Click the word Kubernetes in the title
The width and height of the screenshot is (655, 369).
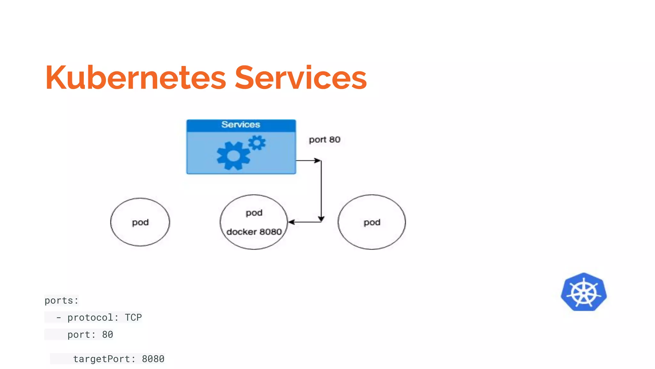(136, 78)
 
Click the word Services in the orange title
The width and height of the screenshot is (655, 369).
(301, 78)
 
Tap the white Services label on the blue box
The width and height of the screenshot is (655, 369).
(241, 125)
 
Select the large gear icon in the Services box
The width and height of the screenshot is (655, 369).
(233, 156)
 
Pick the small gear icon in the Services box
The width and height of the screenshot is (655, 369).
(257, 143)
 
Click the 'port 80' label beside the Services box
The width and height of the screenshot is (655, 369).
(324, 140)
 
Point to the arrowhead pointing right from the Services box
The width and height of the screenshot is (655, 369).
(318, 160)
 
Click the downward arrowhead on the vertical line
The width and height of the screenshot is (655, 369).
(321, 219)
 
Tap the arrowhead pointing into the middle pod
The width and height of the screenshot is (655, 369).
(291, 222)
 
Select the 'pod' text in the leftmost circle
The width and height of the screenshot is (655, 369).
(140, 222)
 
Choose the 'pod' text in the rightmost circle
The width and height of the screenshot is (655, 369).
(372, 222)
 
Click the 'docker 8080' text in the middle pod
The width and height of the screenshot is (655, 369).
(254, 232)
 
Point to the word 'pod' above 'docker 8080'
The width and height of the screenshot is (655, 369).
(254, 213)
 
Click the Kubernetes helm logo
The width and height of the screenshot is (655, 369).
(584, 292)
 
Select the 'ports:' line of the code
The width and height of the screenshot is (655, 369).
(61, 300)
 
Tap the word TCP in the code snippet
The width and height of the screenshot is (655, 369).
(133, 317)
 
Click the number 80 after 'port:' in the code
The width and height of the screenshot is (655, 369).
(107, 335)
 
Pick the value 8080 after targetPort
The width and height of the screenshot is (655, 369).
(153, 359)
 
